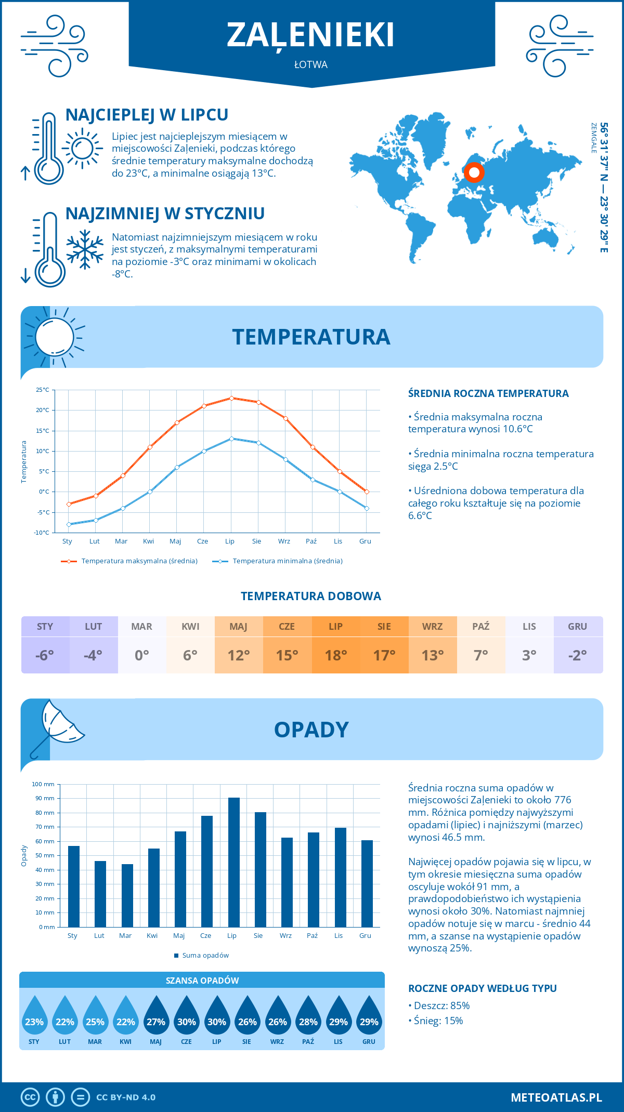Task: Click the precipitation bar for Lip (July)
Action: tap(234, 863)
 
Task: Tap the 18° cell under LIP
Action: tap(336, 655)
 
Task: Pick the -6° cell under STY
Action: tap(45, 655)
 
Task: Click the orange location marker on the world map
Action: tap(474, 172)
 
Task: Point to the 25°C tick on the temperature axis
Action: tap(43, 390)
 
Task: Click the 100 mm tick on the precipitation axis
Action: tap(43, 784)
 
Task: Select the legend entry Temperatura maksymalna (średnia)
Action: tap(129, 561)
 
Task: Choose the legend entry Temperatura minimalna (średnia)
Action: tap(278, 561)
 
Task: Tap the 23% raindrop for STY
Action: tap(34, 1016)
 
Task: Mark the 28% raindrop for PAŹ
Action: tap(308, 1016)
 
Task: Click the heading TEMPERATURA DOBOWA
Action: tap(311, 596)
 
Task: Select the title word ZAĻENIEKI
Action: tap(311, 35)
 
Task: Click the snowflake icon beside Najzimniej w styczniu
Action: tap(85, 249)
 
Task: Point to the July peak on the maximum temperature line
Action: tap(231, 398)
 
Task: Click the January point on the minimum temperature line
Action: tap(69, 524)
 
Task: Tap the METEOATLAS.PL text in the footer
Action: tap(556, 1097)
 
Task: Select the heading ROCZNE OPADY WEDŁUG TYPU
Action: tap(482, 988)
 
